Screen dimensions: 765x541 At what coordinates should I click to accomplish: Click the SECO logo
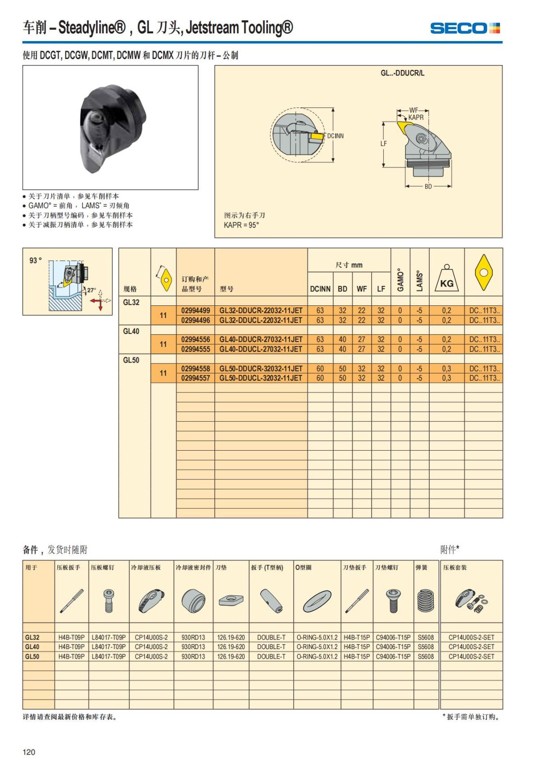465,28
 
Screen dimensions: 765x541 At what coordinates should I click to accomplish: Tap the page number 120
29,752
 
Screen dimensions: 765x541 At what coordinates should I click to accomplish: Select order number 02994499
196,310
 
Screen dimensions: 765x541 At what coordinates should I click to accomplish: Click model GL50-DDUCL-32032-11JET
261,378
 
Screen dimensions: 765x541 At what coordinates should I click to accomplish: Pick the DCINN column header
320,289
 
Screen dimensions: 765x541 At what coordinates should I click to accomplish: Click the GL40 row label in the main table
131,331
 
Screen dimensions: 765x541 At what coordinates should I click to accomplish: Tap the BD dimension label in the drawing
428,186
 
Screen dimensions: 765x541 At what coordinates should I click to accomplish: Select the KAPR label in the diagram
416,117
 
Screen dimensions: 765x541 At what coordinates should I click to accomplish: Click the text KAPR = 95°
242,225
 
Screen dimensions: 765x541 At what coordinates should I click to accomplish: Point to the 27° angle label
92,290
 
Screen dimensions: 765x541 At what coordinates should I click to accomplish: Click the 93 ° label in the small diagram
36,260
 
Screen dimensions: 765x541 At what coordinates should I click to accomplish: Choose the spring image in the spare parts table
426,601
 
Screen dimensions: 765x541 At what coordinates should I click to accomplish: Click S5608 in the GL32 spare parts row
426,637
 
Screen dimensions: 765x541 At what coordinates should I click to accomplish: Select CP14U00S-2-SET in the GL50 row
471,656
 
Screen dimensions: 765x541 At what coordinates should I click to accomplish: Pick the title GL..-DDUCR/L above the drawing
402,73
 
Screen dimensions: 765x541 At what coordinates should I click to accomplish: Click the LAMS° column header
419,281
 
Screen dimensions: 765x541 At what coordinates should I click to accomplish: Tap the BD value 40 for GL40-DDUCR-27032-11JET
343,339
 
